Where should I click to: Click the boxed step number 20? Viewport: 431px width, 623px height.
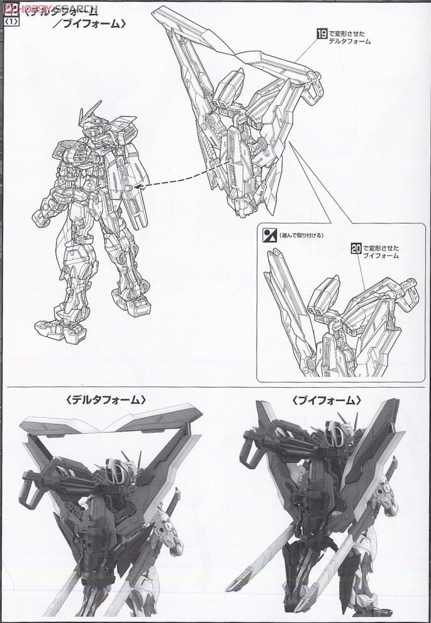click(355, 248)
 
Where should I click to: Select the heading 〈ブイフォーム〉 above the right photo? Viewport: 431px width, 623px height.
click(327, 400)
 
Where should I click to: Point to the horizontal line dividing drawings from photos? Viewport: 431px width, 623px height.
click(215, 385)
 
